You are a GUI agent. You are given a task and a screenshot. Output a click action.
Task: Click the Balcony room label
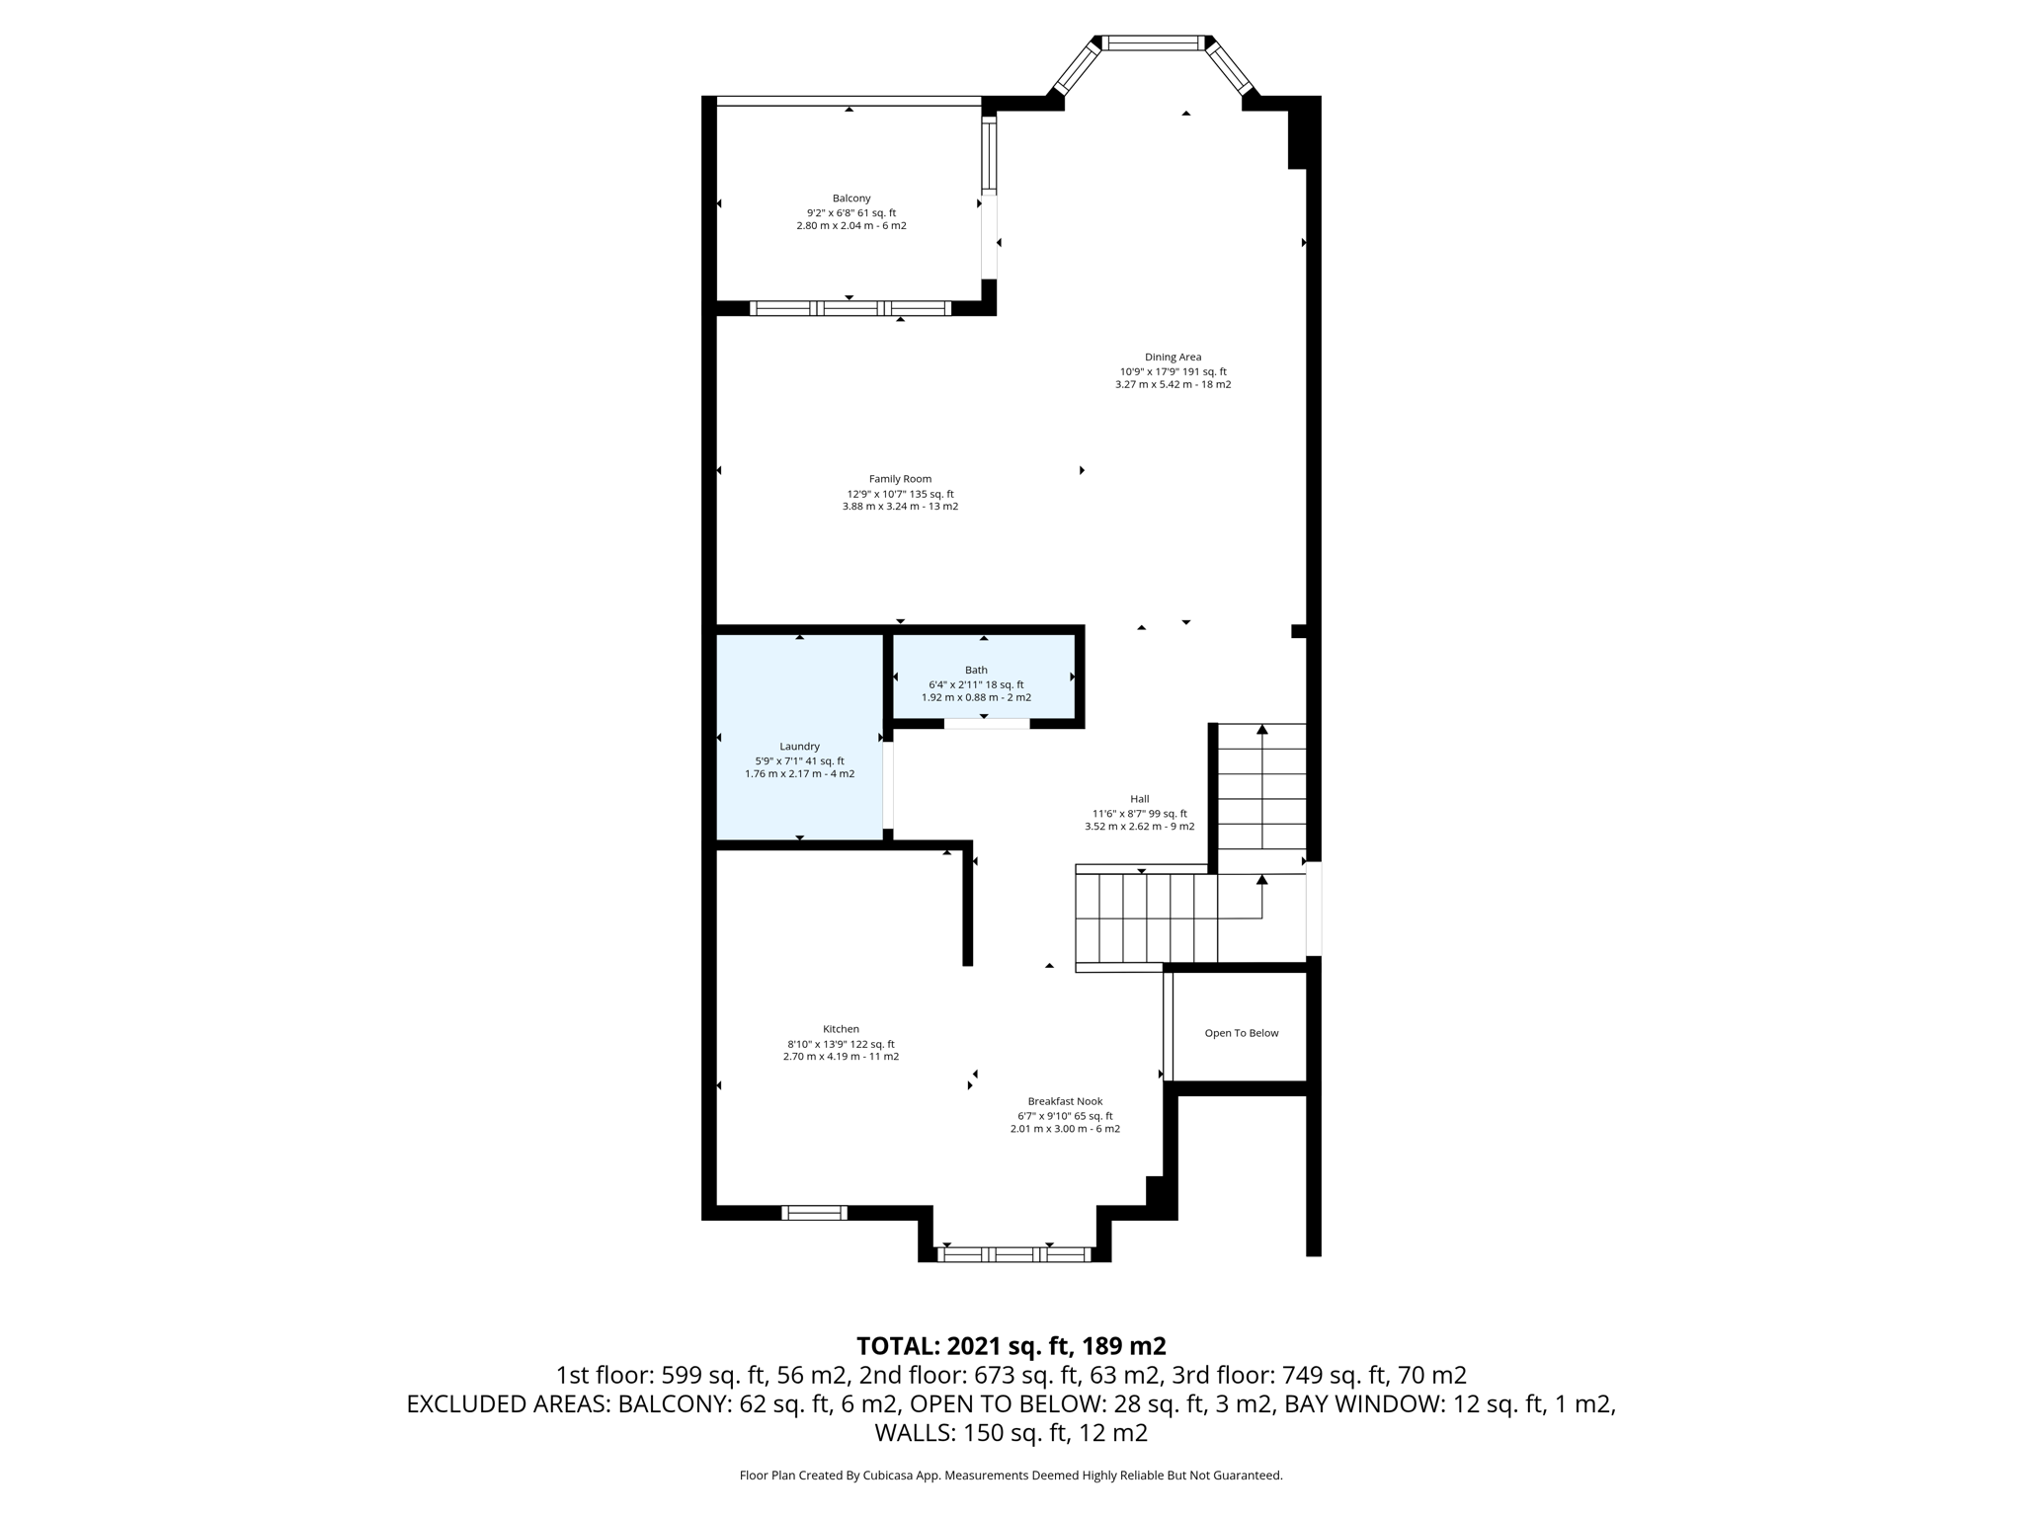[850, 199]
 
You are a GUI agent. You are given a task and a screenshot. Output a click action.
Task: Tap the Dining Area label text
[1173, 358]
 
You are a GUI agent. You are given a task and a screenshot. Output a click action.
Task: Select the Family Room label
[900, 479]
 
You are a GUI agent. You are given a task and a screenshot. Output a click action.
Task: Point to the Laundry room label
[799, 747]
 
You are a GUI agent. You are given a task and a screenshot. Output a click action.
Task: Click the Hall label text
[1139, 799]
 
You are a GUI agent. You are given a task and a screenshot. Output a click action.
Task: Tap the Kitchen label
[841, 1029]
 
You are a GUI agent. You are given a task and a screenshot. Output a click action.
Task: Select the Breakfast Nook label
[1065, 1101]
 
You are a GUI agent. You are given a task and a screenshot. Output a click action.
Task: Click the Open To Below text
[1241, 1033]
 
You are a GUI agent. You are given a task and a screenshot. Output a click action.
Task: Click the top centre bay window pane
[1154, 42]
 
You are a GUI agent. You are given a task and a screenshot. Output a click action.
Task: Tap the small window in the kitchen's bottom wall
[814, 1213]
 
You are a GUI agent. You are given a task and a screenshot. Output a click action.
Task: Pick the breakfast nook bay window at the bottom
[1013, 1254]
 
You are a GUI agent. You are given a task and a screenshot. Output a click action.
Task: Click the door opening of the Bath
[986, 724]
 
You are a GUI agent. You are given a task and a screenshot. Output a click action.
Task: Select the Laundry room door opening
[888, 785]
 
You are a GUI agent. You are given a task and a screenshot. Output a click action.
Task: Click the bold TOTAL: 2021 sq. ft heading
[1011, 1346]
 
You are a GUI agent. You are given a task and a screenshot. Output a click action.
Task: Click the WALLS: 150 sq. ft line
[1011, 1432]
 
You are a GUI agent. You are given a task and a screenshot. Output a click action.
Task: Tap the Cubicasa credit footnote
[1011, 1476]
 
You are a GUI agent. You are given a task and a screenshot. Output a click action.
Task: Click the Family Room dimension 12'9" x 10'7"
[900, 494]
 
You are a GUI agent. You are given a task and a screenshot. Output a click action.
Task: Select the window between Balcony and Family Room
[850, 308]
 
